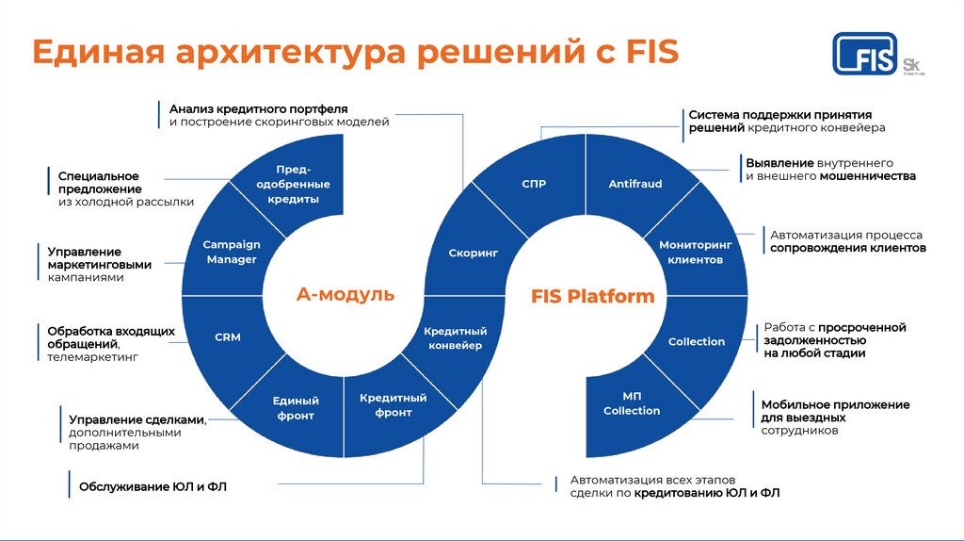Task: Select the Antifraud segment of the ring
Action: tap(635, 184)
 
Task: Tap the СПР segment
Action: tap(534, 184)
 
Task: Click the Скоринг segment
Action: tap(473, 254)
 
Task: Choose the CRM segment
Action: tap(227, 336)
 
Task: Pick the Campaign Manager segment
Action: tap(231, 252)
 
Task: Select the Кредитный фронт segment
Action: tap(393, 404)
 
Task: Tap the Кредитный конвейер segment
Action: tap(455, 338)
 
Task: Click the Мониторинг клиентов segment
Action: tap(696, 252)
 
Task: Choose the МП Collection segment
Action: tap(632, 403)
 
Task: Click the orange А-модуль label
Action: tap(345, 295)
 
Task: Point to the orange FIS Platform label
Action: tap(592, 296)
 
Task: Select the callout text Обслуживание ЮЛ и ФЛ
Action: tap(153, 486)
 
